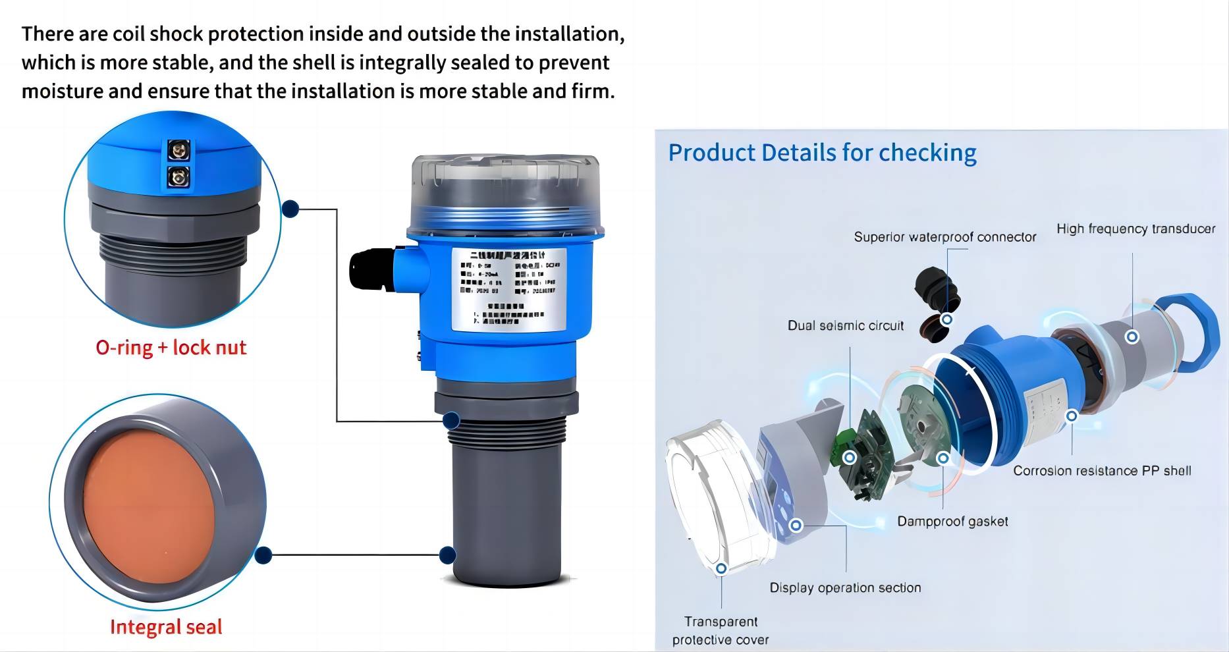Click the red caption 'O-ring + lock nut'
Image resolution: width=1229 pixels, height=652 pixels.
pyautogui.click(x=171, y=347)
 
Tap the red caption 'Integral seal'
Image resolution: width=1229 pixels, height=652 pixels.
pyautogui.click(x=166, y=626)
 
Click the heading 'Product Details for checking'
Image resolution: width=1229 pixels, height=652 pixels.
pyautogui.click(x=822, y=152)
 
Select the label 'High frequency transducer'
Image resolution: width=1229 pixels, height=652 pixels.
pyautogui.click(x=1135, y=229)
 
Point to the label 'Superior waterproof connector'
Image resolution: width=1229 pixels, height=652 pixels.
pyautogui.click(x=944, y=237)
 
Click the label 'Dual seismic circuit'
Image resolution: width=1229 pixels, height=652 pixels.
pyautogui.click(x=845, y=325)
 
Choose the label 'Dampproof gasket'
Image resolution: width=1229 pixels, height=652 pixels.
pyautogui.click(x=952, y=522)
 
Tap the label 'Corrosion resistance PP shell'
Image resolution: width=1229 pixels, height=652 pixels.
pyautogui.click(x=1102, y=471)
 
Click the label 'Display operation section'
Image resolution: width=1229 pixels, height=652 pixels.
pyautogui.click(x=845, y=587)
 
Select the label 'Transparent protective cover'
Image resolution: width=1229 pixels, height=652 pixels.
pyautogui.click(x=721, y=630)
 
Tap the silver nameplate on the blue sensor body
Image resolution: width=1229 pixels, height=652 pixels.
pyautogui.click(x=509, y=290)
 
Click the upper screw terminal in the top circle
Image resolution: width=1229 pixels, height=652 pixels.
pyautogui.click(x=178, y=151)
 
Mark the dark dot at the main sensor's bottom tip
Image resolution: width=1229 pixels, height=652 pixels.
pyautogui.click(x=448, y=555)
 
